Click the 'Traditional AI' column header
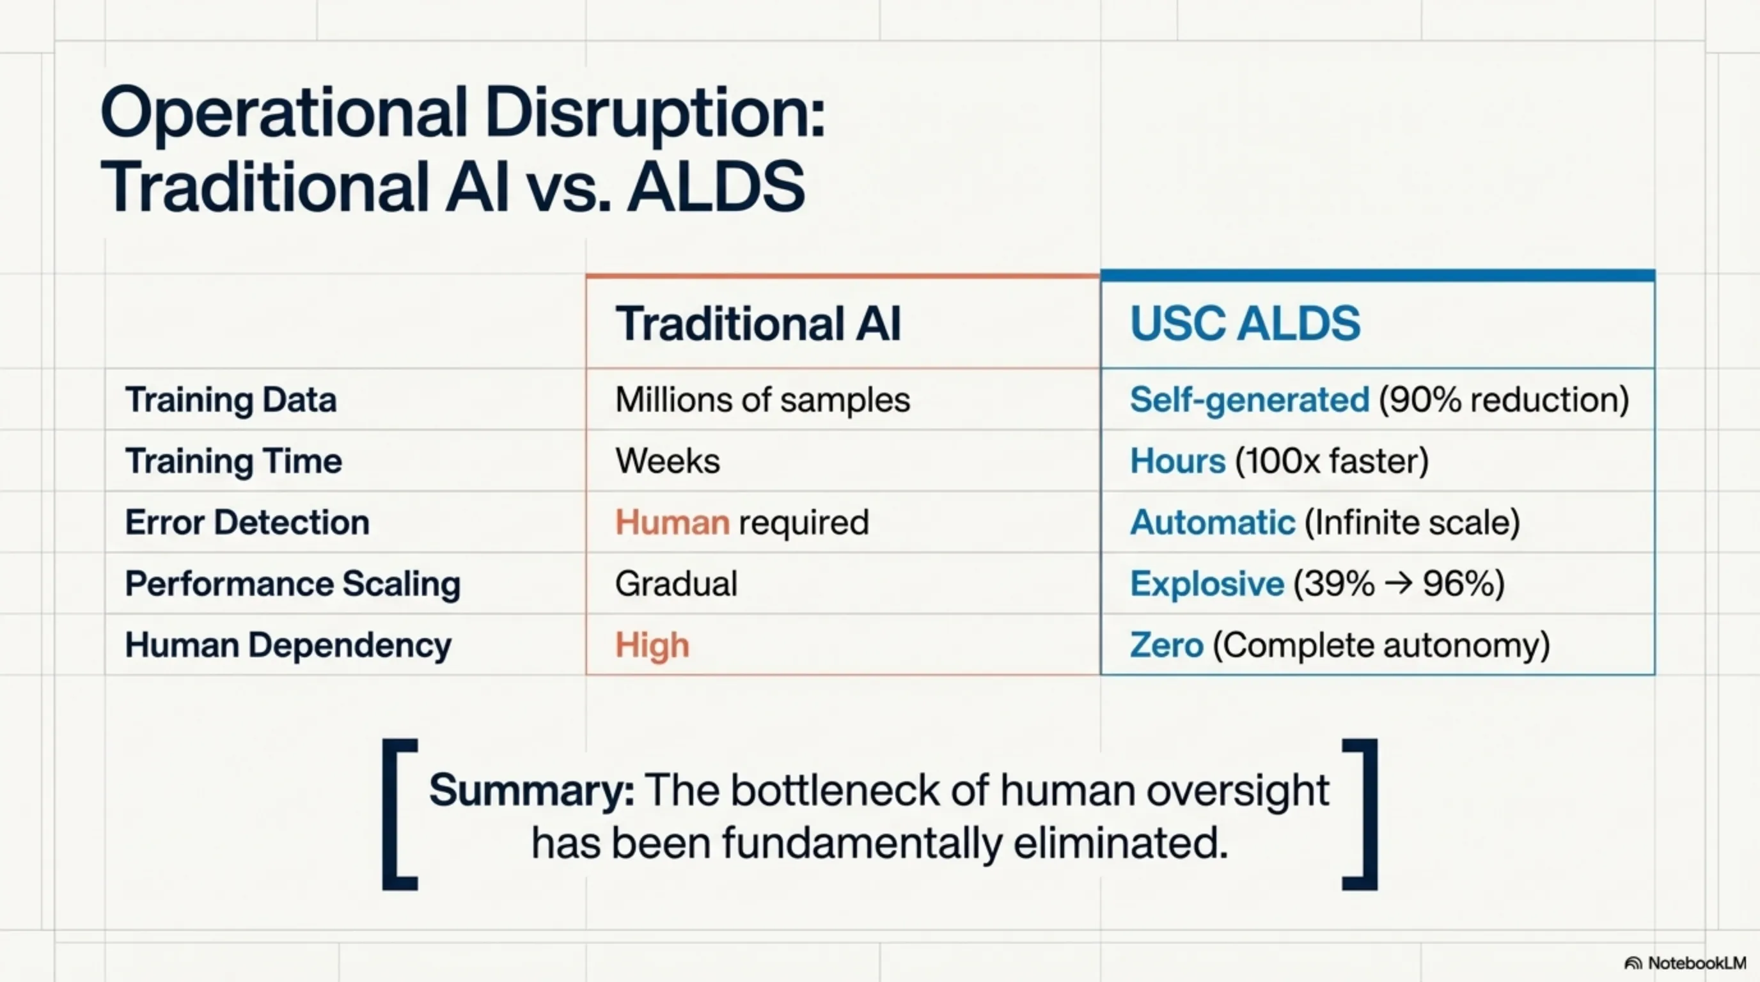click(x=758, y=323)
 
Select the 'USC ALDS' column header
click(x=1245, y=323)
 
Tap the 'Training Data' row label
click(x=231, y=400)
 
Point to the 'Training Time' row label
click(x=233, y=461)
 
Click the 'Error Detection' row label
click(x=247, y=522)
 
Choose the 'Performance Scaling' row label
click(x=293, y=584)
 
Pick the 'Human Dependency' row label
click(x=288, y=645)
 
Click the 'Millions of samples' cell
click(x=762, y=400)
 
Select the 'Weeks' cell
click(x=668, y=461)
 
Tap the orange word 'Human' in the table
click(x=672, y=522)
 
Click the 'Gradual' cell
click(x=676, y=584)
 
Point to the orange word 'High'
click(x=652, y=646)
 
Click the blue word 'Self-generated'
click(x=1250, y=400)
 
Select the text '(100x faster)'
click(x=1332, y=462)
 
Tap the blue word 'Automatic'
click(x=1213, y=522)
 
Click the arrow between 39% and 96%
click(x=1398, y=584)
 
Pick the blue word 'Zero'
click(x=1167, y=645)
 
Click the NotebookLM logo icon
click(x=1633, y=963)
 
